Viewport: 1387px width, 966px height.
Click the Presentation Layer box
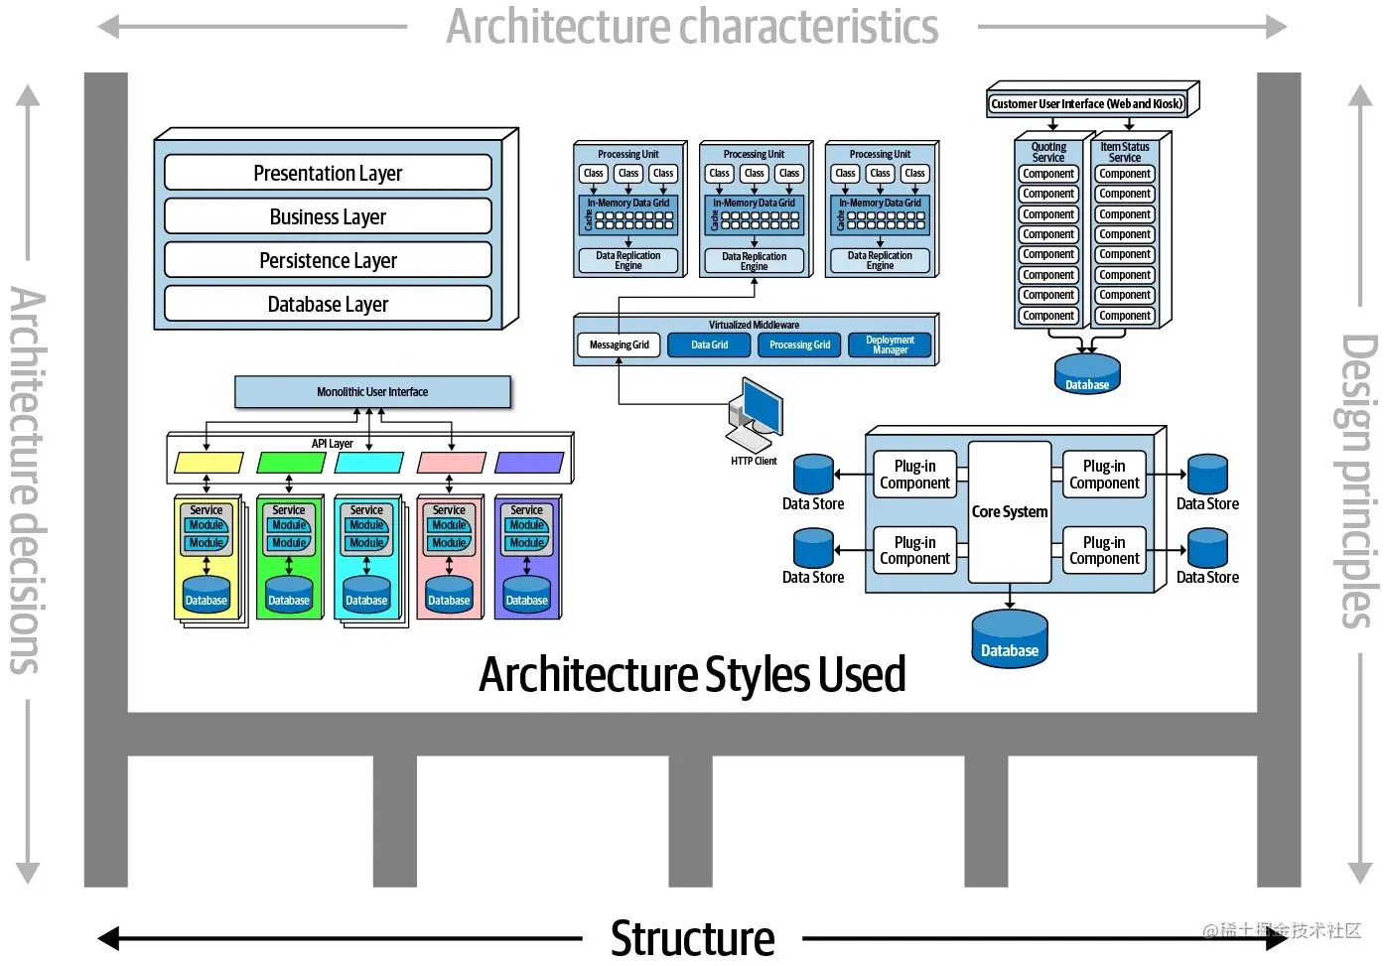(x=328, y=173)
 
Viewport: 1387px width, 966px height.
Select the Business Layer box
(x=328, y=216)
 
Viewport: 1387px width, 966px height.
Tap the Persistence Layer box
(x=328, y=260)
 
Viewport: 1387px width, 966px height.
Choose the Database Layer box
(x=328, y=304)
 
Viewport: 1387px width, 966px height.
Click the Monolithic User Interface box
(x=372, y=392)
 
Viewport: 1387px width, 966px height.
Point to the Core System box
(x=1009, y=512)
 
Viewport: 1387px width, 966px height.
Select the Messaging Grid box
(x=619, y=345)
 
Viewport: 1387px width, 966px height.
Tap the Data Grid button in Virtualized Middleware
(x=709, y=345)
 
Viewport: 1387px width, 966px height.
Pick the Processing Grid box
(x=799, y=345)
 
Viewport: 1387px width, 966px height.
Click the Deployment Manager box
(x=890, y=345)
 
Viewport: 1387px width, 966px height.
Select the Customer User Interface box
(x=1087, y=103)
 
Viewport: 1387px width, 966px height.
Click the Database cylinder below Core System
(x=1009, y=639)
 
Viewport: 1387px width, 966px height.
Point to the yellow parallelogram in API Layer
(x=208, y=463)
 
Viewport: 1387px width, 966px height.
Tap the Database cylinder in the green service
(x=289, y=595)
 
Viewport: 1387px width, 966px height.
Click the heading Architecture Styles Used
(x=692, y=675)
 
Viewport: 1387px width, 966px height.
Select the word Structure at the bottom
(x=692, y=938)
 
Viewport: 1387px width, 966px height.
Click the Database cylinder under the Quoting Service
(x=1087, y=374)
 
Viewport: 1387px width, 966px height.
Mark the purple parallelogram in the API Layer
(x=529, y=463)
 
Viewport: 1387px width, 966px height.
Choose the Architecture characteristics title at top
(x=692, y=27)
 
